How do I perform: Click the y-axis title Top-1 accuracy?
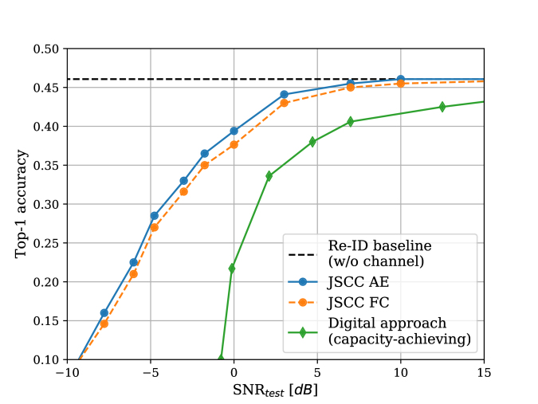(x=22, y=204)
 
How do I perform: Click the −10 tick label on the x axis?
(x=67, y=373)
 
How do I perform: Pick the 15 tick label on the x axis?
(x=484, y=373)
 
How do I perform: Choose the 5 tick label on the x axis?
(x=317, y=373)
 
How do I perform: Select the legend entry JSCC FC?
(x=357, y=302)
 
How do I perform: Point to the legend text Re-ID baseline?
(x=374, y=245)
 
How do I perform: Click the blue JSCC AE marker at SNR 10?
(x=400, y=80)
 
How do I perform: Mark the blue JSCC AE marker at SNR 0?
(x=234, y=131)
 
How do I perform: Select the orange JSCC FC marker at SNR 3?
(x=284, y=103)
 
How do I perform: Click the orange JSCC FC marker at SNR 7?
(x=350, y=87)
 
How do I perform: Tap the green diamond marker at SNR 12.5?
(x=442, y=107)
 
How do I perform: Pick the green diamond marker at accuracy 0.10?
(x=222, y=359)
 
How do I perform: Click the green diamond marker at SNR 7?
(x=350, y=121)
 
